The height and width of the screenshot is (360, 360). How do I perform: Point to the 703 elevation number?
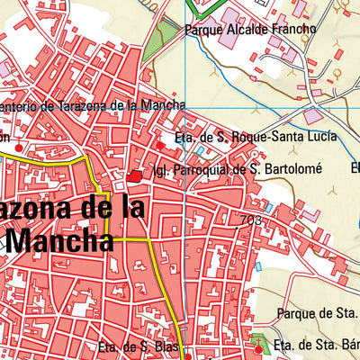pyautogui.click(x=251, y=219)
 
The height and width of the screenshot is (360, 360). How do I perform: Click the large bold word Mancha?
pyautogui.click(x=61, y=240)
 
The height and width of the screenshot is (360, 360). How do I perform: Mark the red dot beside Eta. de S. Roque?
pyautogui.click(x=161, y=144)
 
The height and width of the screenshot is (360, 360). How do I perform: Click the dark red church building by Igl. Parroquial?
pyautogui.click(x=135, y=177)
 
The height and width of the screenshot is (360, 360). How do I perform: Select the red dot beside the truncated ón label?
pyautogui.click(x=20, y=147)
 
